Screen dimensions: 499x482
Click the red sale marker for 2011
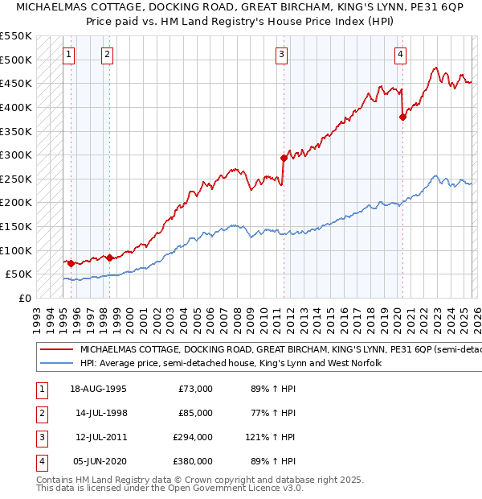(284, 159)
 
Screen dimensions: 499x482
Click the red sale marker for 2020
(402, 118)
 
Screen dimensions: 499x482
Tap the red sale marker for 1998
(109, 258)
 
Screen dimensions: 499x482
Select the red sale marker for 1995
(71, 263)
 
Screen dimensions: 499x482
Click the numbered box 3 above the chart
(282, 55)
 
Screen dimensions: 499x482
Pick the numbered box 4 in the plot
(400, 55)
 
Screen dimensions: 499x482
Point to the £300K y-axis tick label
(16, 155)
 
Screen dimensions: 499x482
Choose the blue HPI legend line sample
(56, 364)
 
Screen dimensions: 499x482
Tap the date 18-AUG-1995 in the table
(98, 389)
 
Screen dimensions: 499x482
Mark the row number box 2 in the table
(41, 413)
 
